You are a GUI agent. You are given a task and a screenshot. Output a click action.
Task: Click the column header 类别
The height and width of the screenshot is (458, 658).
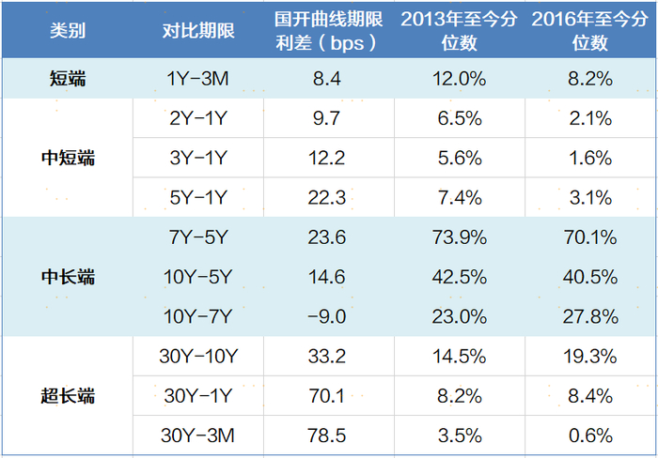[68, 31]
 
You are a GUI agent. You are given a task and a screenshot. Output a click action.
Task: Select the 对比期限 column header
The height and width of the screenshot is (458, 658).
[198, 31]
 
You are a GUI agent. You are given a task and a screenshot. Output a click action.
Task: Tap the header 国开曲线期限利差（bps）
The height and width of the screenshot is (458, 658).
[329, 31]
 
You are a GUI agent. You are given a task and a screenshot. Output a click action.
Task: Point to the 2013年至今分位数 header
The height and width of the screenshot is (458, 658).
[459, 31]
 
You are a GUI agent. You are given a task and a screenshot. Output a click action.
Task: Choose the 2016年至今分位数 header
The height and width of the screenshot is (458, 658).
[590, 31]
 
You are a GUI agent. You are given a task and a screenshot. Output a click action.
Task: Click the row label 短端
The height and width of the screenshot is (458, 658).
[68, 78]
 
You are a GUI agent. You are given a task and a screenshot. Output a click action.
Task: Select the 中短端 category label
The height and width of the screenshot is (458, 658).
[68, 158]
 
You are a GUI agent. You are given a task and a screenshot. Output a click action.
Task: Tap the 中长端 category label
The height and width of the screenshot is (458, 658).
[68, 277]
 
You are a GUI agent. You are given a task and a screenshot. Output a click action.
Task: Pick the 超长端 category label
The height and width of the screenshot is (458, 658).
[68, 396]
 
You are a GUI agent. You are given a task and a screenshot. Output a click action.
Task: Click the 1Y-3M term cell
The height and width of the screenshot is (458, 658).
[197, 78]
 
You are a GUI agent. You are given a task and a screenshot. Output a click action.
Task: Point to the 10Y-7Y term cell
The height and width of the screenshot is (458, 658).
[197, 316]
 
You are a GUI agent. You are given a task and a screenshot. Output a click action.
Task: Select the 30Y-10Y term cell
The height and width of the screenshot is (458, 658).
[198, 357]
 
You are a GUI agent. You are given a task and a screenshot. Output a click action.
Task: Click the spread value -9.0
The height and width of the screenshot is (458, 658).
[327, 316]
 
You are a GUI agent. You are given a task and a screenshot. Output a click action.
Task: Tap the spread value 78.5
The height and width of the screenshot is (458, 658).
[327, 435]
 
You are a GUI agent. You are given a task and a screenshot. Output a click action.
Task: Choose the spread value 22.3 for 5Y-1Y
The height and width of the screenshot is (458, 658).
[327, 197]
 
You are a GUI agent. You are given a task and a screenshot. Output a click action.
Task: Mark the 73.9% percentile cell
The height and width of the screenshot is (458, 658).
[460, 237]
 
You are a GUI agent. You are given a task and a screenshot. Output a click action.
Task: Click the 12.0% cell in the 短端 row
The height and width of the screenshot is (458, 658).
[460, 78]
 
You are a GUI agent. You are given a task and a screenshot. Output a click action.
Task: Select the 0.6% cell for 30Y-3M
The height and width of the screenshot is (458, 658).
[590, 435]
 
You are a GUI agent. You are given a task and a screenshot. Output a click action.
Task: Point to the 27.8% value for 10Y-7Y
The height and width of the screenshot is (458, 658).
[590, 316]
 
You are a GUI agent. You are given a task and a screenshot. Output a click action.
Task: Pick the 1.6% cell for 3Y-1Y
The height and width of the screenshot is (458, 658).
[590, 158]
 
